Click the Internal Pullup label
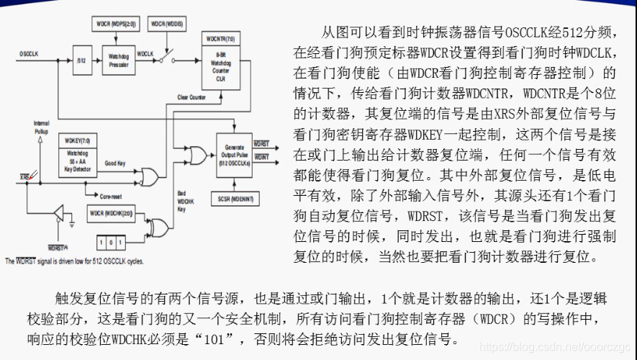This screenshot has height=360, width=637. pos(41,127)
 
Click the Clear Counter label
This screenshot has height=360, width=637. pos(192,97)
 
